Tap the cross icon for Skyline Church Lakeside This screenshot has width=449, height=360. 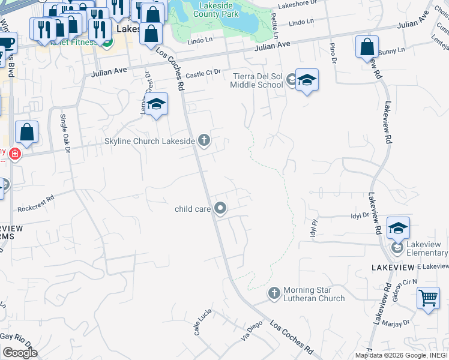click(204, 141)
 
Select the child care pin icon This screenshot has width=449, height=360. click(220, 209)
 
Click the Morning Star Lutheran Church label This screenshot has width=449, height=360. click(314, 294)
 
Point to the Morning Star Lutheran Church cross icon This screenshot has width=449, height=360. click(274, 293)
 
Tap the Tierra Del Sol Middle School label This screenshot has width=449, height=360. click(257, 80)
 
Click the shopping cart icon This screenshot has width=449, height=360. click(429, 298)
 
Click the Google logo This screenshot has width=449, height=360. click(20, 353)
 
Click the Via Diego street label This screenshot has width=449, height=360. click(253, 331)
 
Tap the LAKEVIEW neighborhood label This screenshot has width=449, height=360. click(393, 266)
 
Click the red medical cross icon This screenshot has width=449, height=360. click(15, 154)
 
